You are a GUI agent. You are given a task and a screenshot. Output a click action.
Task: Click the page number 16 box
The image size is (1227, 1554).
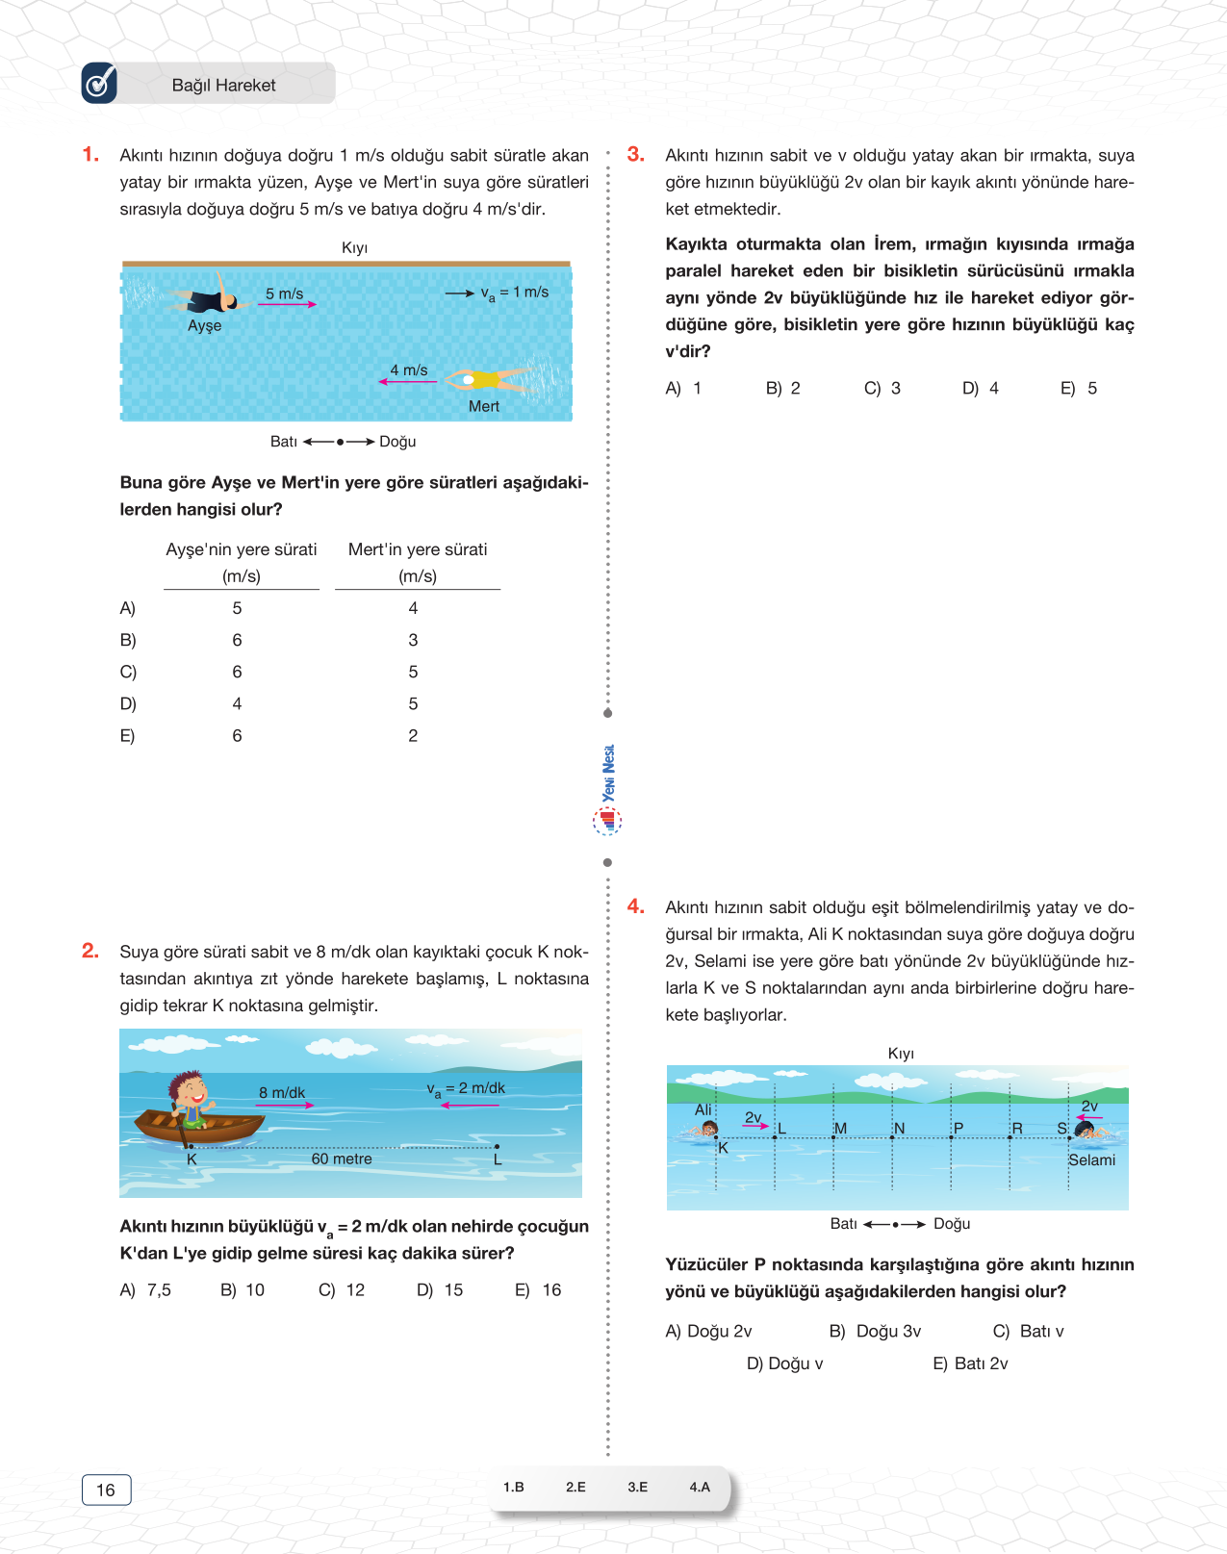[x=106, y=1490]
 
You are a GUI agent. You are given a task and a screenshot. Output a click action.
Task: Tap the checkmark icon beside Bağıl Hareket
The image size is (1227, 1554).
[x=99, y=84]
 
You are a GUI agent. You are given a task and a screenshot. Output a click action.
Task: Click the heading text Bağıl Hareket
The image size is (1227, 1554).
[x=223, y=86]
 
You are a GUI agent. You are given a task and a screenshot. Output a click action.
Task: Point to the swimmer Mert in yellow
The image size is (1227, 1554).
[x=486, y=379]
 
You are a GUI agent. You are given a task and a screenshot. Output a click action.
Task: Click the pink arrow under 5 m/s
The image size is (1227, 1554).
[x=287, y=304]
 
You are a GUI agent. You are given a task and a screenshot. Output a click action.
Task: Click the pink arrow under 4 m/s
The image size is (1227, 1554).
[x=408, y=382]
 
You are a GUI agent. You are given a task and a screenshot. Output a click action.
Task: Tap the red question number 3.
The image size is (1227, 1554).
[x=635, y=154]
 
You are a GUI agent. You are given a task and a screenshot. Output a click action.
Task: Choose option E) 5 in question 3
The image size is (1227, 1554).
[x=1079, y=389]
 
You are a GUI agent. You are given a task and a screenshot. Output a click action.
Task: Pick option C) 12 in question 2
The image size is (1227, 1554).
[x=342, y=1290]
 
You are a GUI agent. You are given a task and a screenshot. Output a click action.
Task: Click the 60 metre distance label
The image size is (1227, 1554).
[x=342, y=1159]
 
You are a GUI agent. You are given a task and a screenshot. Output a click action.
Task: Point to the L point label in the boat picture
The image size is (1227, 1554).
[x=498, y=1160]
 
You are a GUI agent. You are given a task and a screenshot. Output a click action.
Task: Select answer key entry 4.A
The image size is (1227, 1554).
[x=700, y=1487]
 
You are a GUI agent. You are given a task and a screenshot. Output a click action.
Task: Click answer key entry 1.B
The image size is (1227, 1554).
[x=514, y=1487]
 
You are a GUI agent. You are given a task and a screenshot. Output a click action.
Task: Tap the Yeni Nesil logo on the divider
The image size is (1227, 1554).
[x=607, y=789]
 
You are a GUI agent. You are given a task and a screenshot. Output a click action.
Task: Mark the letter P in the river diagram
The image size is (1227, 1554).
[x=959, y=1128]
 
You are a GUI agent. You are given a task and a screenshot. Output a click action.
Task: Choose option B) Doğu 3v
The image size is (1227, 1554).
[x=876, y=1332]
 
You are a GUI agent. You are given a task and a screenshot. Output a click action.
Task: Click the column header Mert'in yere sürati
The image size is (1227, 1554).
[x=418, y=549]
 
